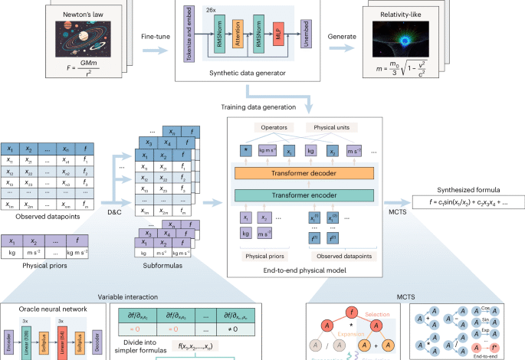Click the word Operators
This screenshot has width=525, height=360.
(267, 126)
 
